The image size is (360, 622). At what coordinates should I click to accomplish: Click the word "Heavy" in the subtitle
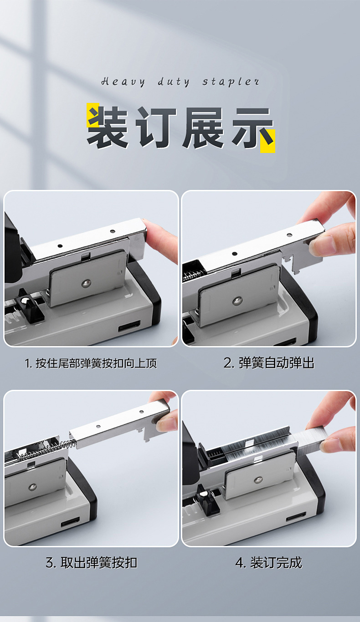pyautogui.click(x=123, y=82)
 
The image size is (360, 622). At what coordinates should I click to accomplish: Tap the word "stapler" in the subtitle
pyautogui.click(x=231, y=82)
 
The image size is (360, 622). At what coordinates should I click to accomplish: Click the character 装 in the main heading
pyautogui.click(x=108, y=127)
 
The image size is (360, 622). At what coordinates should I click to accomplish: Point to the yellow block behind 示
pyautogui.click(x=267, y=141)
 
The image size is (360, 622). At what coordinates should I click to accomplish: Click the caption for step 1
pyautogui.click(x=91, y=363)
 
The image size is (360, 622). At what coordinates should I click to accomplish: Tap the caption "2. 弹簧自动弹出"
pyautogui.click(x=269, y=363)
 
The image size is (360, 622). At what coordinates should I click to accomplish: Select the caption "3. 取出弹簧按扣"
pyautogui.click(x=92, y=563)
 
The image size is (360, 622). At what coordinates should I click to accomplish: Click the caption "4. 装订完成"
pyautogui.click(x=268, y=563)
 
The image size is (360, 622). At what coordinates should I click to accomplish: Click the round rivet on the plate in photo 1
pyautogui.click(x=86, y=283)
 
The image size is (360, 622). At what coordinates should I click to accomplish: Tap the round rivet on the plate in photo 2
pyautogui.click(x=237, y=301)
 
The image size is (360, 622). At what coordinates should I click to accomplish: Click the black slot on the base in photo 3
pyautogui.click(x=70, y=522)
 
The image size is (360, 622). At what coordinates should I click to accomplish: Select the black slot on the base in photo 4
pyautogui.click(x=296, y=517)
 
